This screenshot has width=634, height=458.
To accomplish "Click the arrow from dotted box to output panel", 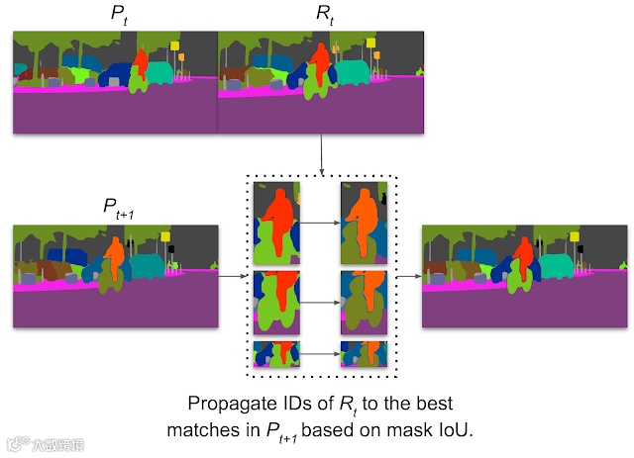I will coord(408,278).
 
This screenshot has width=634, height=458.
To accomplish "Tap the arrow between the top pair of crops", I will coord(319,224).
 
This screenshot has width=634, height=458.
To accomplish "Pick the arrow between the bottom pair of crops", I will coord(319,352).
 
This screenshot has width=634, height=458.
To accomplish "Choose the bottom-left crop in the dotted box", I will coord(276,352).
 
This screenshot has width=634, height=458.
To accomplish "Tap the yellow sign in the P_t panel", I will coord(174,46).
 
